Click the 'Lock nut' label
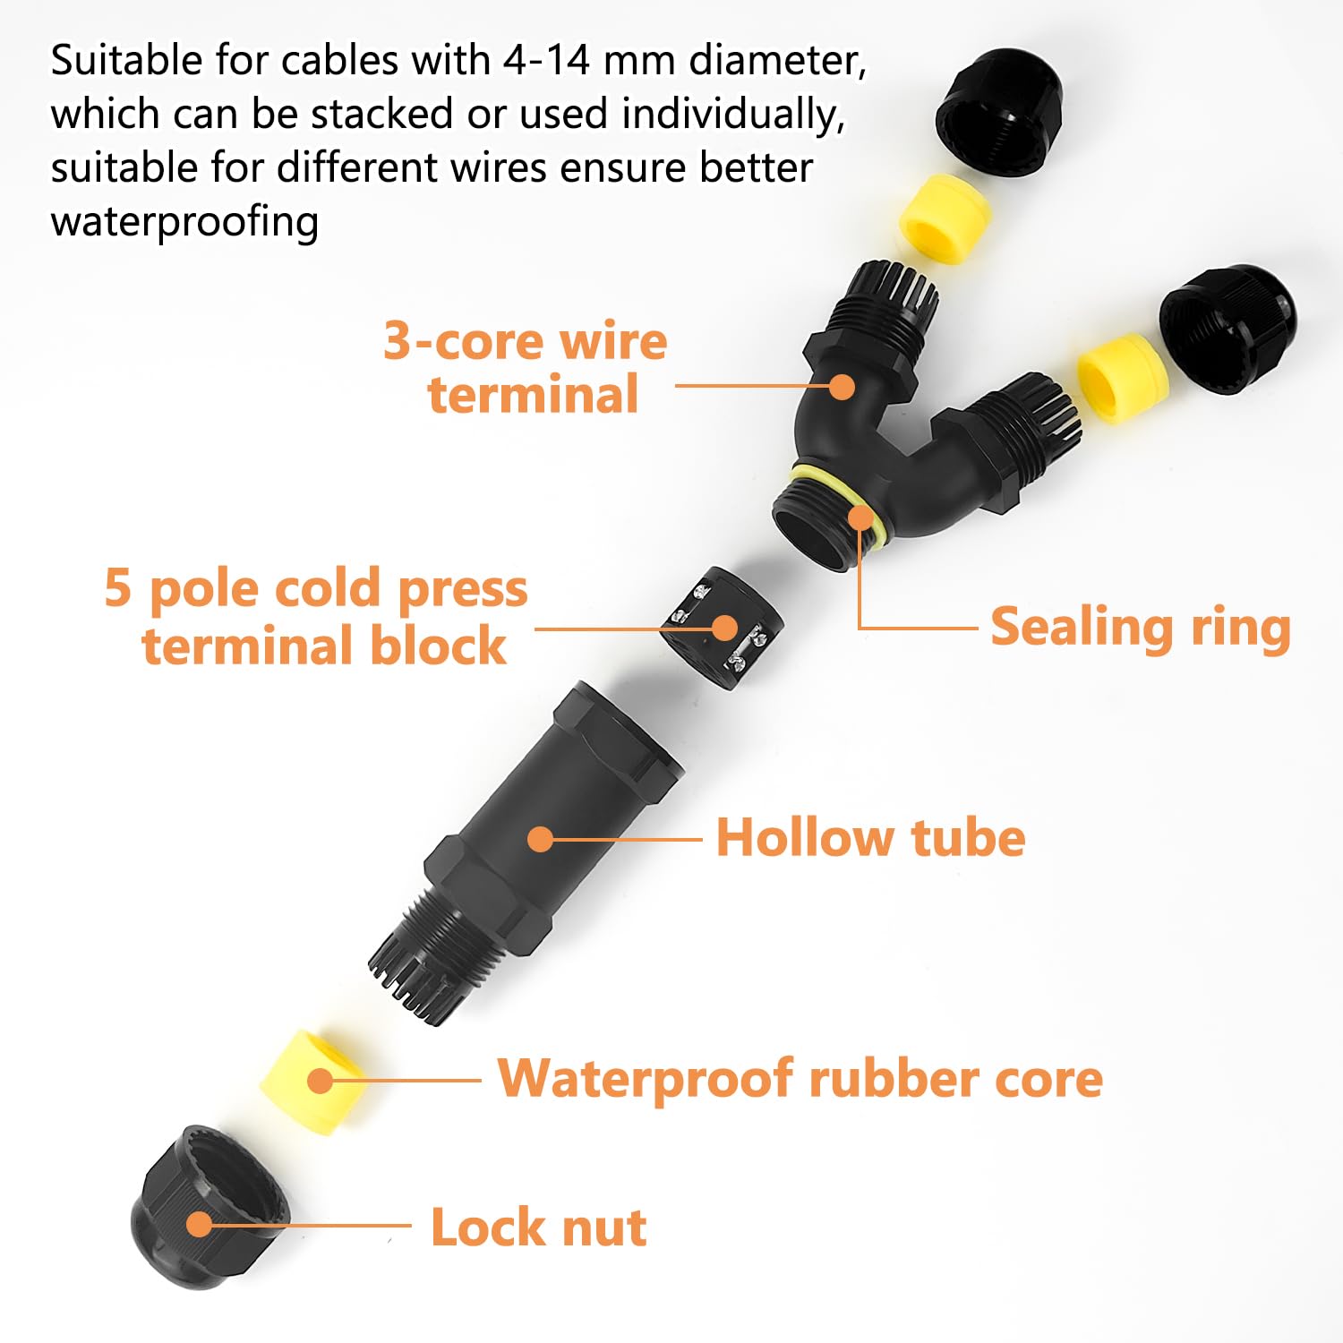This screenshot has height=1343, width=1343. coord(538,1227)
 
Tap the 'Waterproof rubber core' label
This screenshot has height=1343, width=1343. coord(799,1078)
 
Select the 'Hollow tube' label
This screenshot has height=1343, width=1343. coord(870,839)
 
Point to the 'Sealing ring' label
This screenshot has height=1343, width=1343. coord(1140,627)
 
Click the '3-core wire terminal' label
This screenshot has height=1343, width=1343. coord(526,367)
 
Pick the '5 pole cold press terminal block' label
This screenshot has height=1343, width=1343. coord(316,616)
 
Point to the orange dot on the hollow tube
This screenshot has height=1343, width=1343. coord(540,839)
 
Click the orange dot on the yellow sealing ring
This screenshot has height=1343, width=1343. coord(860,517)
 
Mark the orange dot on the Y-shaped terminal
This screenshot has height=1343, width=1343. coord(842,387)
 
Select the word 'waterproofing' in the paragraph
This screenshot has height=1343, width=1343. coord(184,222)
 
